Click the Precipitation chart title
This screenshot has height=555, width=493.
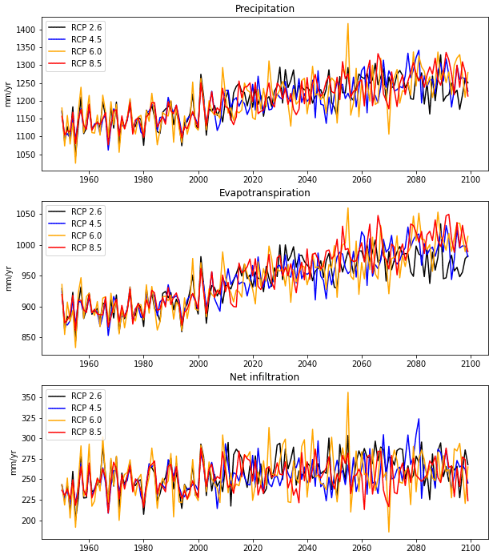[x=264, y=9]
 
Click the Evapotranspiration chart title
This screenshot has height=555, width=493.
[x=264, y=193]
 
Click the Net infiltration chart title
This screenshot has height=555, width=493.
[x=264, y=377]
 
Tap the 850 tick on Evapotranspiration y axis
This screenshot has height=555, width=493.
[x=28, y=337]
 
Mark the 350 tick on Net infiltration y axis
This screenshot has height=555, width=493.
[x=28, y=397]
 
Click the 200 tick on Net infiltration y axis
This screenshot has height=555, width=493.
[x=28, y=521]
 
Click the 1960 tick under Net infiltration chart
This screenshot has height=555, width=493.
[x=89, y=548]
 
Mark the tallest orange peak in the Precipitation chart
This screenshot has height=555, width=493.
[x=347, y=24]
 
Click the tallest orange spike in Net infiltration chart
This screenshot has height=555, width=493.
[x=347, y=392]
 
